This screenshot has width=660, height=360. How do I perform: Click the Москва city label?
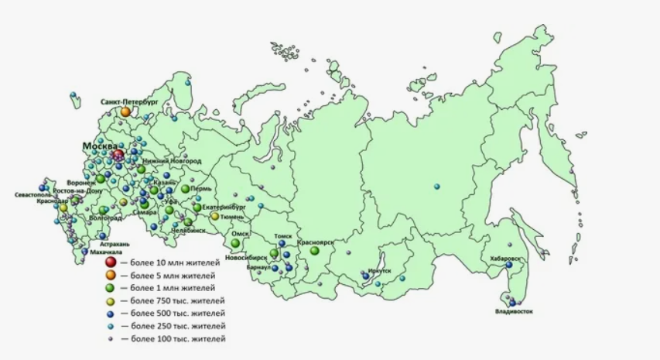pos(100,146)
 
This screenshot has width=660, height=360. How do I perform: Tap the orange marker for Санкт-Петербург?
pos(125,111)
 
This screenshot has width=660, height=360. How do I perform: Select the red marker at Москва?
pos(118,155)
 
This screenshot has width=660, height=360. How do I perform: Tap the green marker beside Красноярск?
pos(314,250)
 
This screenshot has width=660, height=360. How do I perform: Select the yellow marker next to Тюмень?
pos(215,217)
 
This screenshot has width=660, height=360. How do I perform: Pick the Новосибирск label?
pos(246,256)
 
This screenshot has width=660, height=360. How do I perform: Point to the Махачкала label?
pos(105,252)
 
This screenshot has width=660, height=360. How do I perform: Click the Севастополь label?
pos(33,194)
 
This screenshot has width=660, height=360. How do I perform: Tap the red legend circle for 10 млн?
pos(111,262)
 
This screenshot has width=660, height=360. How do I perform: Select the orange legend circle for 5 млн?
pos(111,275)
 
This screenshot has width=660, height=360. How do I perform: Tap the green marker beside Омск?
pos(235,243)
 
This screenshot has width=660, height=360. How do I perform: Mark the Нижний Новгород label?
pos(172,161)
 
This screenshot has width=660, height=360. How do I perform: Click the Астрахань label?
pos(104,243)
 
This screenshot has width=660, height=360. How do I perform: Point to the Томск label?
pos(283,236)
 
